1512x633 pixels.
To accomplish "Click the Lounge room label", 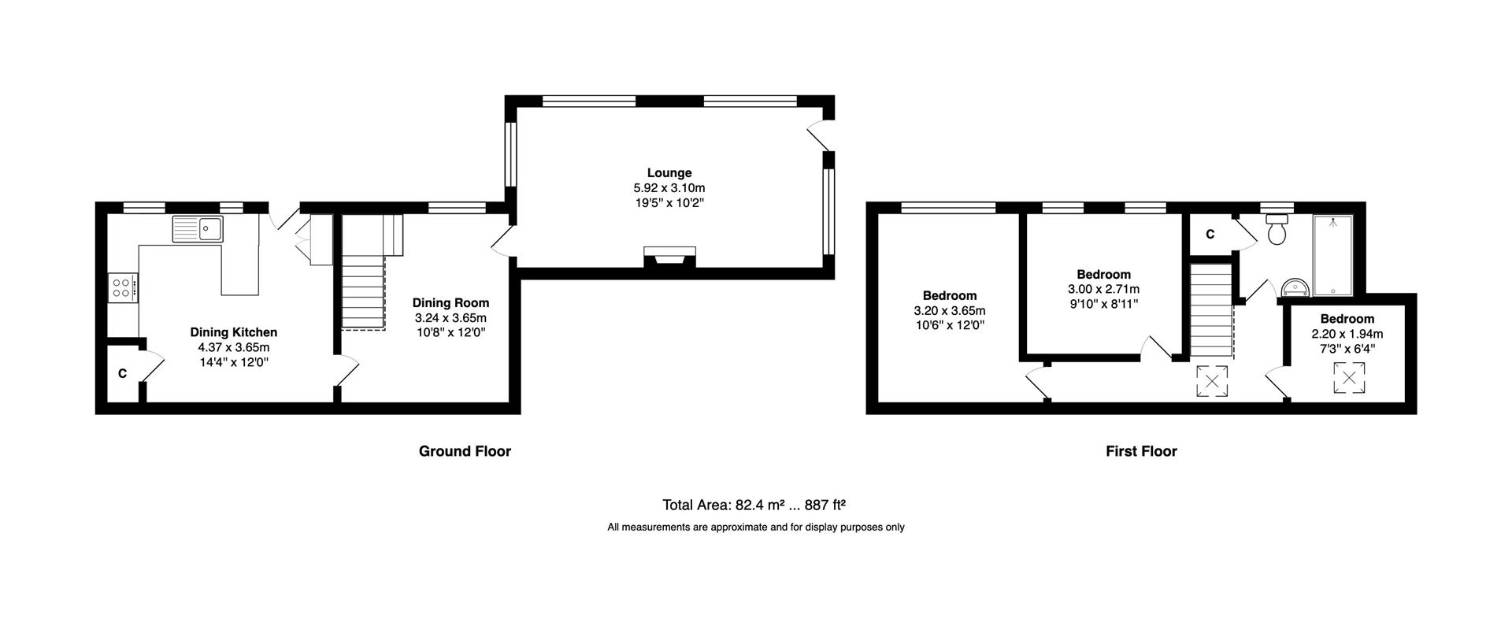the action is [x=669, y=172].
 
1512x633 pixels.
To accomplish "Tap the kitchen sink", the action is [x=198, y=228].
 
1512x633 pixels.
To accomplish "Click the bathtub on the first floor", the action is [x=1332, y=256].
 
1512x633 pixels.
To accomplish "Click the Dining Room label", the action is [x=450, y=302].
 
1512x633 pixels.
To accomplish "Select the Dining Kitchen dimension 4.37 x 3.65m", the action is [x=234, y=347].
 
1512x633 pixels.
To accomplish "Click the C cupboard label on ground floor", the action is [x=122, y=373].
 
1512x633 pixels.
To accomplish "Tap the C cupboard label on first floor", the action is [x=1210, y=234].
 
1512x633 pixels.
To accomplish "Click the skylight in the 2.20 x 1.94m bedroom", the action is [x=1349, y=377].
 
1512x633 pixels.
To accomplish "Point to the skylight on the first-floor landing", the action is [x=1212, y=383].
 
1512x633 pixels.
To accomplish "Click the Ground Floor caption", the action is [x=465, y=451].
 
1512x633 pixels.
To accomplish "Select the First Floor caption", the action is [x=1141, y=451].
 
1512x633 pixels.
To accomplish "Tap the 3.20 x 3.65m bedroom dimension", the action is [x=950, y=310].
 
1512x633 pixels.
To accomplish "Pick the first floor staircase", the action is [x=1210, y=311].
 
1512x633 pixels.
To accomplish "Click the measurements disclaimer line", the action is [x=755, y=527].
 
